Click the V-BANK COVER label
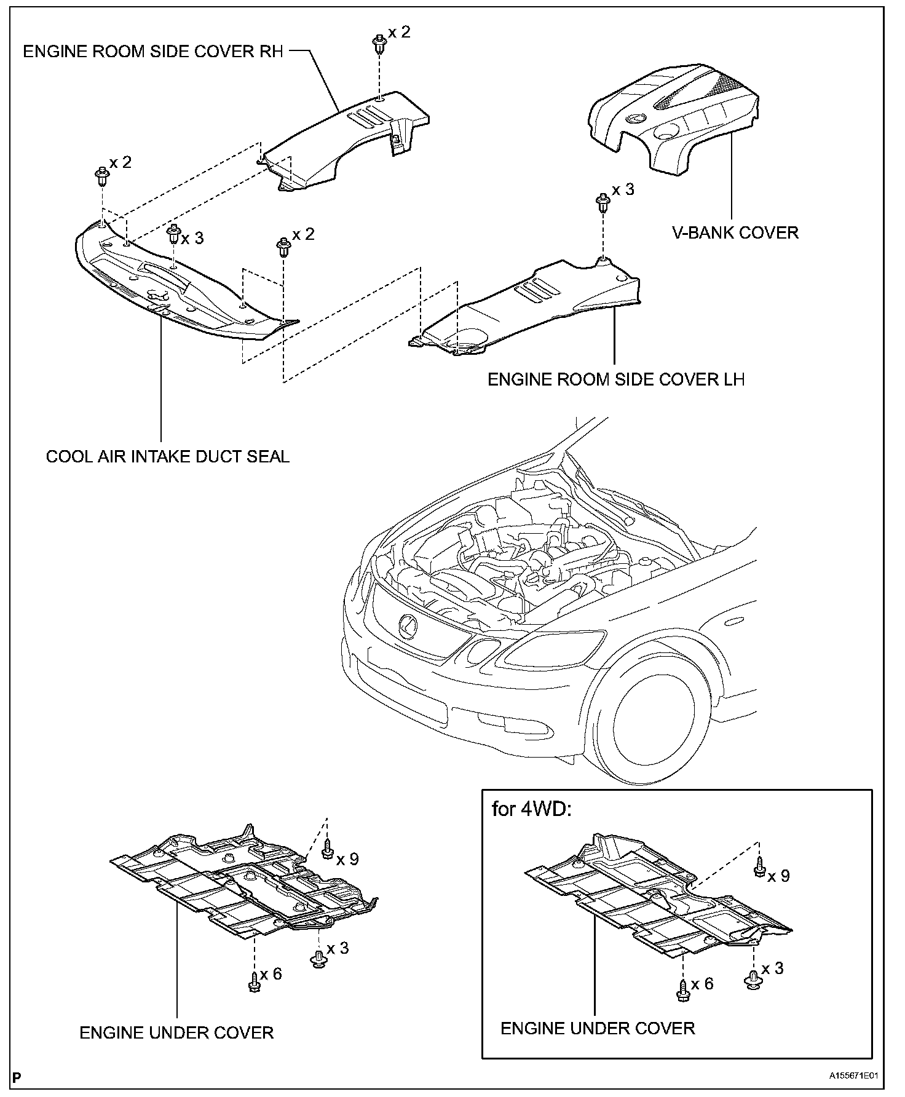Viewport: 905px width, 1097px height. (x=735, y=233)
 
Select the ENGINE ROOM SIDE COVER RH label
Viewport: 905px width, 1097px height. (x=153, y=51)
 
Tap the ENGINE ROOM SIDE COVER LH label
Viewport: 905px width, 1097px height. (x=616, y=379)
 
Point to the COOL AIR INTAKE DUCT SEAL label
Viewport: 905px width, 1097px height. (x=168, y=456)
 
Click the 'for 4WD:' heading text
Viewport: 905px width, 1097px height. (x=531, y=808)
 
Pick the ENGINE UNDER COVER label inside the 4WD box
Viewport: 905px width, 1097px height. (x=598, y=1028)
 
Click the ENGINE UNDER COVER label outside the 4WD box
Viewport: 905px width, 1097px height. (x=176, y=1032)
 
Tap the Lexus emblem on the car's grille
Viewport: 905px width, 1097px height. (x=408, y=626)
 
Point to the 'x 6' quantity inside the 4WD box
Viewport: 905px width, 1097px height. (x=701, y=984)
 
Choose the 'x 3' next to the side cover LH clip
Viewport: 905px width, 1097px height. (x=623, y=189)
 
